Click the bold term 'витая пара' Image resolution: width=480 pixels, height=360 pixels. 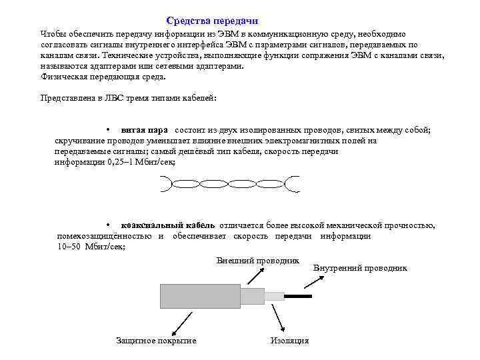[x=144, y=130]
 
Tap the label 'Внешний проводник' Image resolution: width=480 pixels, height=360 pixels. [x=258, y=259]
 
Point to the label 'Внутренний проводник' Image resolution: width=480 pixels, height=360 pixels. [x=360, y=268]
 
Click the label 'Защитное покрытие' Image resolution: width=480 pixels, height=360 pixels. [x=156, y=341]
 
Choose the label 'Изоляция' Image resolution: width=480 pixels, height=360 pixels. [x=290, y=341]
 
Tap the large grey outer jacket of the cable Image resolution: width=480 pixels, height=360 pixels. [x=200, y=295]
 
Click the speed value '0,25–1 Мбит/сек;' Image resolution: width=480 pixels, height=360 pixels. [x=115, y=162]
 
